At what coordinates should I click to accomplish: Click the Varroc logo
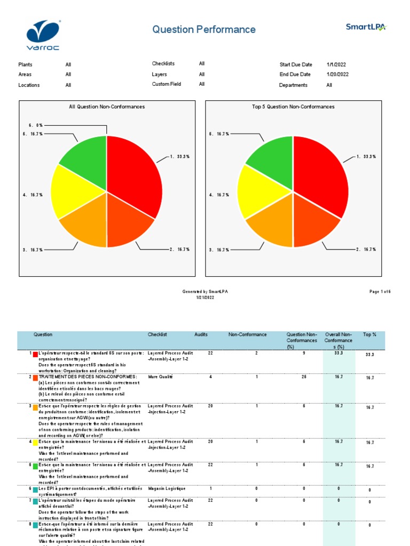pos(44,31)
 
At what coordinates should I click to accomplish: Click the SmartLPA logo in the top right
pos(366,27)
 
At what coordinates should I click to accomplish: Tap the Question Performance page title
pos(204,30)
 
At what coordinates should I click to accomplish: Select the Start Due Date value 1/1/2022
pos(338,65)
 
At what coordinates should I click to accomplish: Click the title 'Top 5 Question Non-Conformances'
pos(293,107)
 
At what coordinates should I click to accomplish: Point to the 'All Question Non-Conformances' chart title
pos(107,107)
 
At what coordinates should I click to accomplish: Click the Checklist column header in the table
pos(157,334)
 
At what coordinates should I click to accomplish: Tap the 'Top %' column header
pos(369,334)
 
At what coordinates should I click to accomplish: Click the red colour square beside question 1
pos(35,354)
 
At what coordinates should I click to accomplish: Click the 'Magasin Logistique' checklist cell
pos(167,488)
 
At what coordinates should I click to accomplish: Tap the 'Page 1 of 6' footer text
pos(380,292)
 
